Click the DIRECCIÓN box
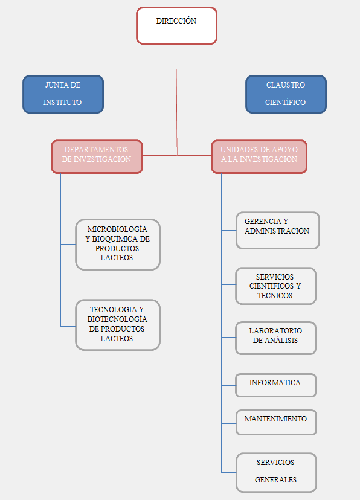176,26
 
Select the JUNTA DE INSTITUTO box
63,94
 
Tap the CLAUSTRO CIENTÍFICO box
286,94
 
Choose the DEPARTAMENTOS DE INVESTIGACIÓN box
97,156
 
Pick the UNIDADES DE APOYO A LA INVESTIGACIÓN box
259,156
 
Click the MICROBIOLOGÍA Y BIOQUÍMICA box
118,245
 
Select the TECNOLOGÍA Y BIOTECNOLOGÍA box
118,325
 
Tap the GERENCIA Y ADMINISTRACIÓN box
278,230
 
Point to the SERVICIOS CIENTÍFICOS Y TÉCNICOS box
276,286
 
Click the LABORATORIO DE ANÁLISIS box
276,338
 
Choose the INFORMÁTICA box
276,385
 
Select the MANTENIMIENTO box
276,422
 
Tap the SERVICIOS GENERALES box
276,473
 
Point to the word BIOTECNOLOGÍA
117,319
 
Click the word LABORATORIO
275,331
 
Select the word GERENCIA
263,221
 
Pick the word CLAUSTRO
286,85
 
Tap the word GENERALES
276,479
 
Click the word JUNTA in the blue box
56,85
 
